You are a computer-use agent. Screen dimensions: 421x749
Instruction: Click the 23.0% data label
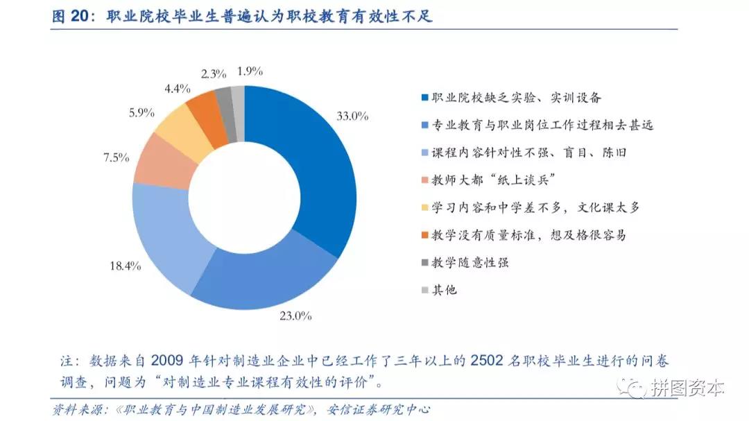click(x=295, y=316)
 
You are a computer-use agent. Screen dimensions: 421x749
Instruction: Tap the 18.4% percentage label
click(x=126, y=266)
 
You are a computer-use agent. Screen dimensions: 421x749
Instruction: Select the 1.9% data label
click(x=250, y=71)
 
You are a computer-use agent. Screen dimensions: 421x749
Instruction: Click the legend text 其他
click(x=444, y=290)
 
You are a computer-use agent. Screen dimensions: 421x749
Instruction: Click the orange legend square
click(x=424, y=235)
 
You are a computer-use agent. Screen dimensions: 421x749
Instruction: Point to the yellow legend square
click(x=424, y=207)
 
